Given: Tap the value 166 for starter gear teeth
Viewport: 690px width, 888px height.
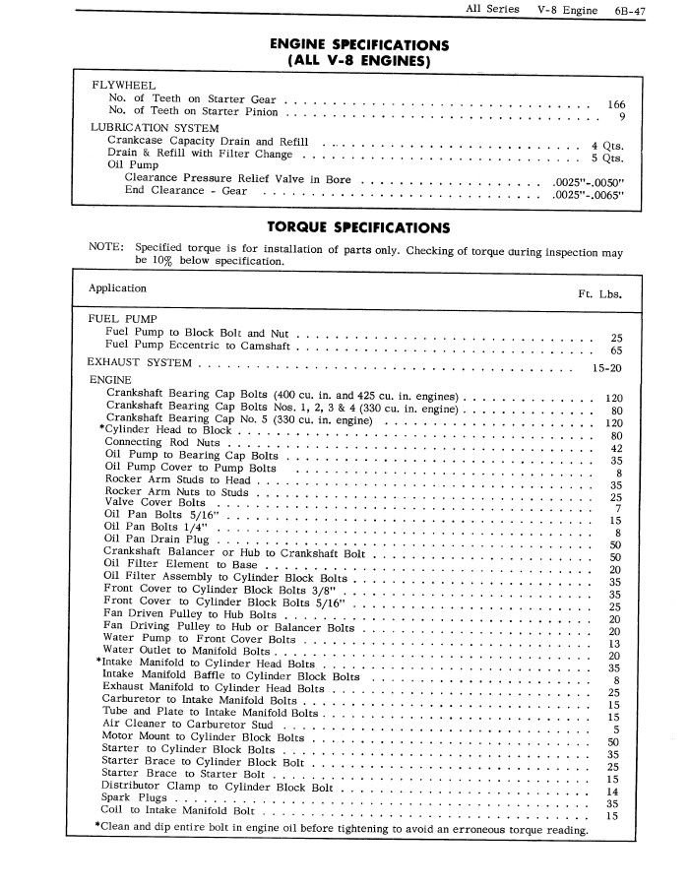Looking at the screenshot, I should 616,103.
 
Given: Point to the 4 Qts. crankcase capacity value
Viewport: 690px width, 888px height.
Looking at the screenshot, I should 606,145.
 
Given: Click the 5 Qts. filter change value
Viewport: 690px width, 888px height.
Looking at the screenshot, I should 606,158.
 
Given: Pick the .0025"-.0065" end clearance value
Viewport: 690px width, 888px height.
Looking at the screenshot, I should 589,195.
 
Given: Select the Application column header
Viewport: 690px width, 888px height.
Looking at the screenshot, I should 117,288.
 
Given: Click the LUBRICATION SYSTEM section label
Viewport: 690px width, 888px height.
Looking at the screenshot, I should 155,128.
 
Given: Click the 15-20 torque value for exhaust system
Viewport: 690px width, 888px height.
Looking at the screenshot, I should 605,367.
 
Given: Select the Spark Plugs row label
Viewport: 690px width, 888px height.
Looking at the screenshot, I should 135,797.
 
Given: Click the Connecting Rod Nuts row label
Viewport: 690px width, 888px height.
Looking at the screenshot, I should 161,442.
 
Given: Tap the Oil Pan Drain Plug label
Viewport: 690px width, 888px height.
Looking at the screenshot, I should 157,539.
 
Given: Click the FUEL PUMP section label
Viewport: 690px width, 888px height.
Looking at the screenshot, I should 123,319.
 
